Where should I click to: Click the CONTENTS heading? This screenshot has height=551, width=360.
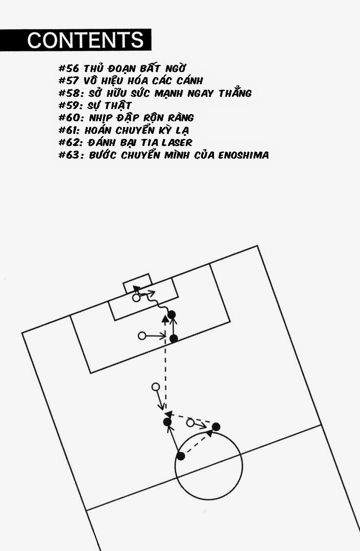pos(85,40)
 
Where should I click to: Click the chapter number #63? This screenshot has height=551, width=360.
pos(69,155)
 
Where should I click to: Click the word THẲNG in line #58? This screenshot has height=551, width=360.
pos(235,93)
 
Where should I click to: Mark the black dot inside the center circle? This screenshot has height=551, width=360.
pos(181,456)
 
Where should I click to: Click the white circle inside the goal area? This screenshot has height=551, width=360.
pos(136,298)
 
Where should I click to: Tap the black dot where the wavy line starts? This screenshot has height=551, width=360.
pos(172,314)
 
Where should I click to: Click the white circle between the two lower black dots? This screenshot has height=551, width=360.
pos(190,423)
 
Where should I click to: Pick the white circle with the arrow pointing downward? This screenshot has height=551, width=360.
pos(155,387)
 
